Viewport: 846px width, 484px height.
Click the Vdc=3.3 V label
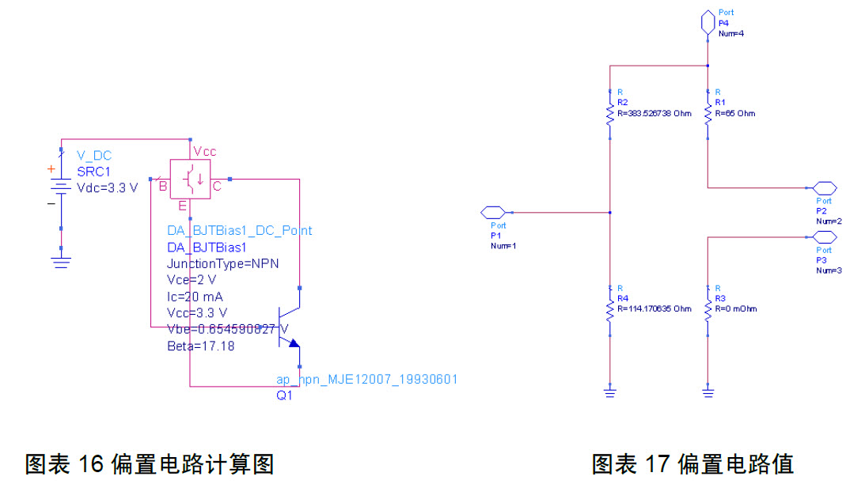pos(107,187)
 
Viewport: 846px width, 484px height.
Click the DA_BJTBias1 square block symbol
pos(191,179)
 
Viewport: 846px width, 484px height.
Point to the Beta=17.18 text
pos(200,346)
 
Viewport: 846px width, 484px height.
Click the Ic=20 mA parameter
pos(195,297)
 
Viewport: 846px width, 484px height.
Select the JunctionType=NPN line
pos(222,263)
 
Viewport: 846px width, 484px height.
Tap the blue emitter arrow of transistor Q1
pos(294,343)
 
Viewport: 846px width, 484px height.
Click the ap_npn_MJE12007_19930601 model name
pos(366,380)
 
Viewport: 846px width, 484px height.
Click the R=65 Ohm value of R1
pos(734,114)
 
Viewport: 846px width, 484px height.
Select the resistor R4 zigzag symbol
pos(610,310)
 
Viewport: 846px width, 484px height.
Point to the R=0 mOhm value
pos(735,308)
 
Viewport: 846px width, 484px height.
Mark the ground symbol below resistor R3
pos(708,391)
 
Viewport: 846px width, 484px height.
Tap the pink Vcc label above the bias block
pos(204,152)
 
